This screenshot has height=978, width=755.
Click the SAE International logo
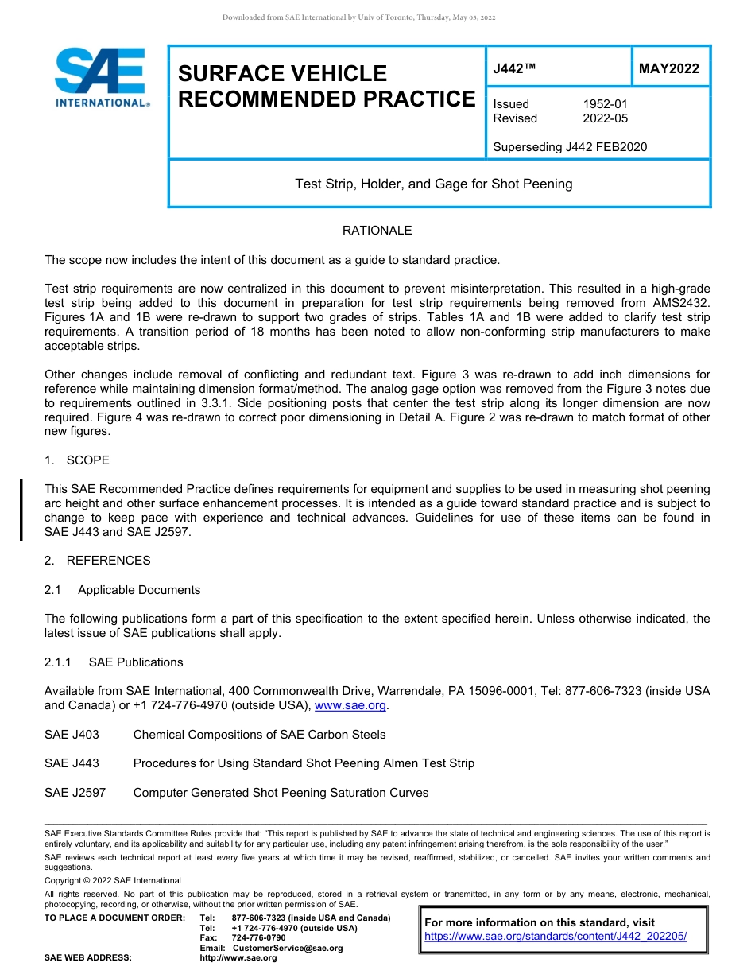(101, 77)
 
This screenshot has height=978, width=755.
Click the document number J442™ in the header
(514, 68)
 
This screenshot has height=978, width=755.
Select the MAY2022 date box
(669, 68)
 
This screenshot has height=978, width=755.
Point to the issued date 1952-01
(605, 104)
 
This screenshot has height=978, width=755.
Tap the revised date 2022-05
(605, 118)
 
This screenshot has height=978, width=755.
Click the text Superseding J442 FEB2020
(570, 147)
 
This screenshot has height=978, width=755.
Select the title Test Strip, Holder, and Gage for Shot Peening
(433, 184)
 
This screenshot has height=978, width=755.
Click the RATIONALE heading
(377, 231)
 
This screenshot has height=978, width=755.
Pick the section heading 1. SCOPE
(77, 460)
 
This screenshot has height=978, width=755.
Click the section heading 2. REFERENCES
(97, 561)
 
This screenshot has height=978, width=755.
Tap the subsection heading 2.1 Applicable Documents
(122, 590)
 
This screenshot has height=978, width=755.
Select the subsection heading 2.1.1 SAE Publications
(114, 662)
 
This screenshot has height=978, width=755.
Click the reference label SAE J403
(72, 735)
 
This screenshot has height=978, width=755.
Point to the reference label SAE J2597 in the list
(75, 793)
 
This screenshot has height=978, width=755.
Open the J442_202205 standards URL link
(555, 937)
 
